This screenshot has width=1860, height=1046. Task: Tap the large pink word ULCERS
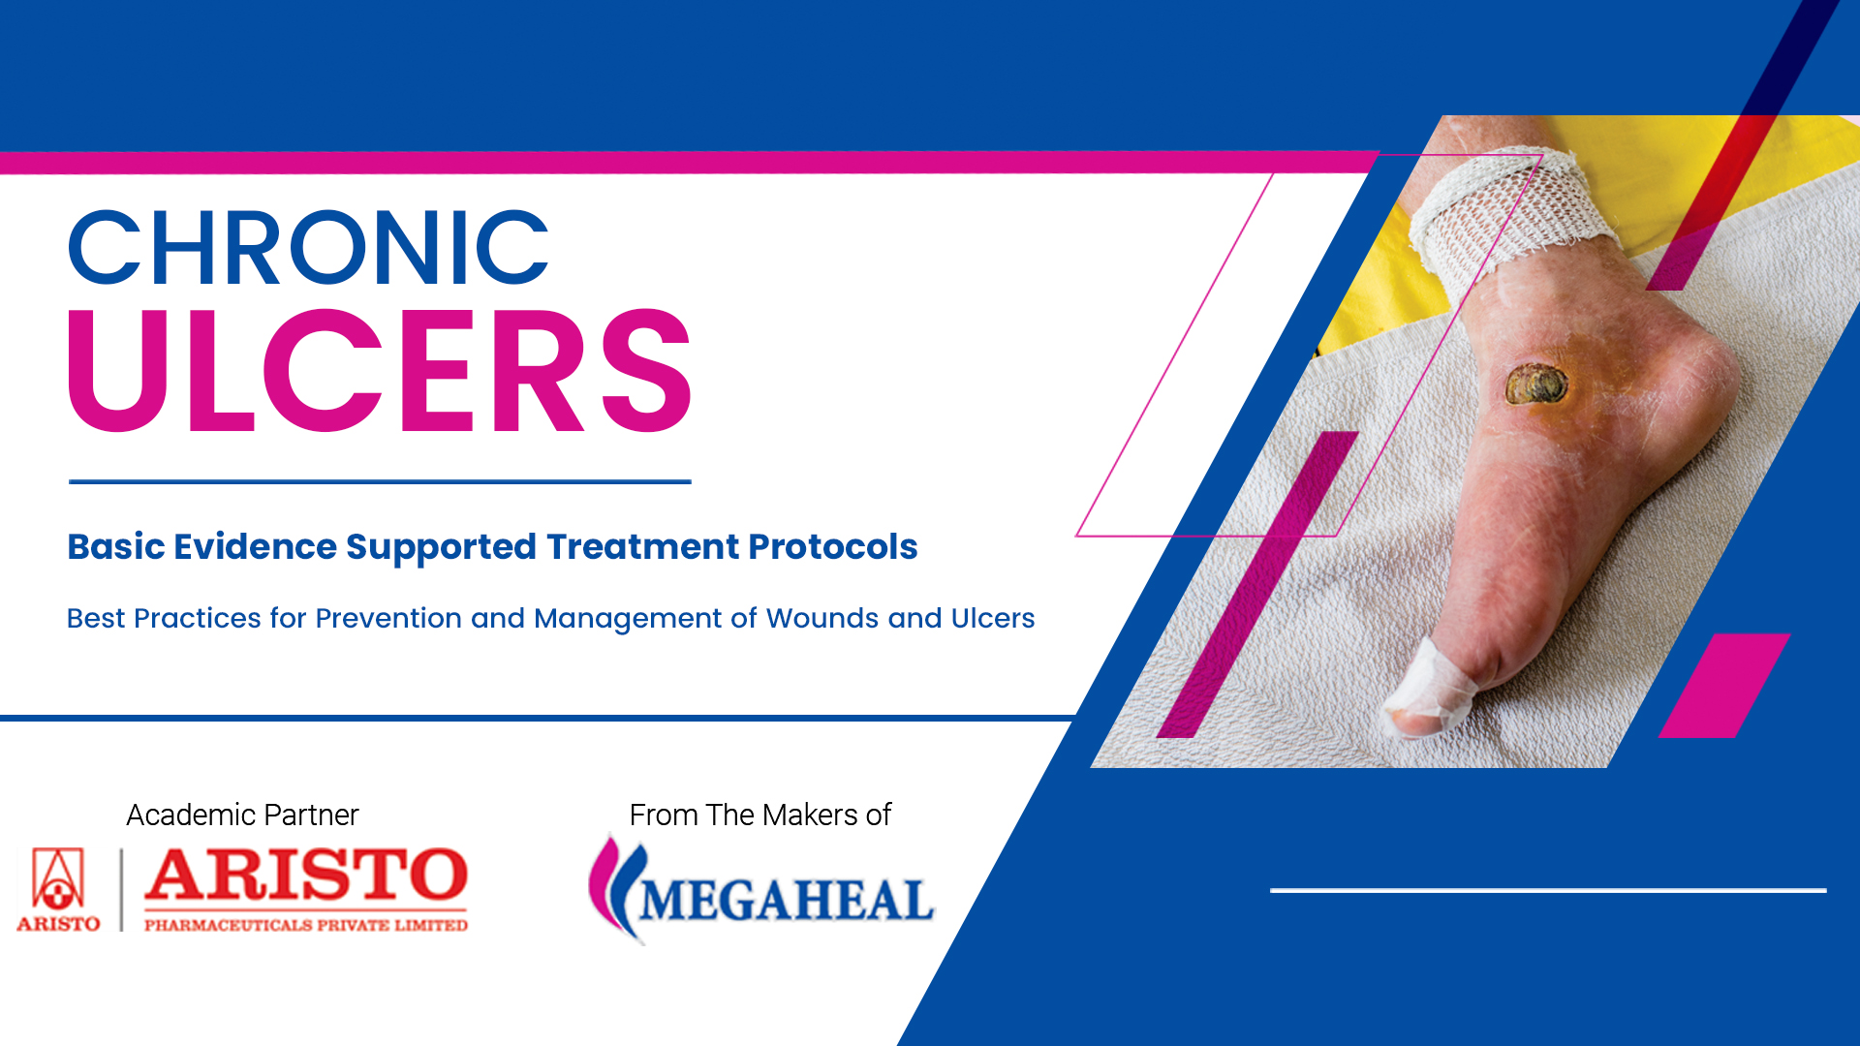point(380,370)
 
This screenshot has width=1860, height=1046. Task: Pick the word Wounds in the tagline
point(822,618)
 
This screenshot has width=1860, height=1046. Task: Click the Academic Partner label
point(242,815)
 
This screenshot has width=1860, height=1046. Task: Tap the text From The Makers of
point(760,815)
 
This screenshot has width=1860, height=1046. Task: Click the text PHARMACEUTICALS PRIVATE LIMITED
point(306,925)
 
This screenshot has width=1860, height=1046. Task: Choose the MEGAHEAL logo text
point(786,901)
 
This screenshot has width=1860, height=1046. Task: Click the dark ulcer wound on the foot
point(1536,384)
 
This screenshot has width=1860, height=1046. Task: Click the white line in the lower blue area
point(1548,890)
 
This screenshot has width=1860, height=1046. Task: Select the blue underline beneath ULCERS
point(380,481)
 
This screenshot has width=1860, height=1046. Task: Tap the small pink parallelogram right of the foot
point(1724,686)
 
